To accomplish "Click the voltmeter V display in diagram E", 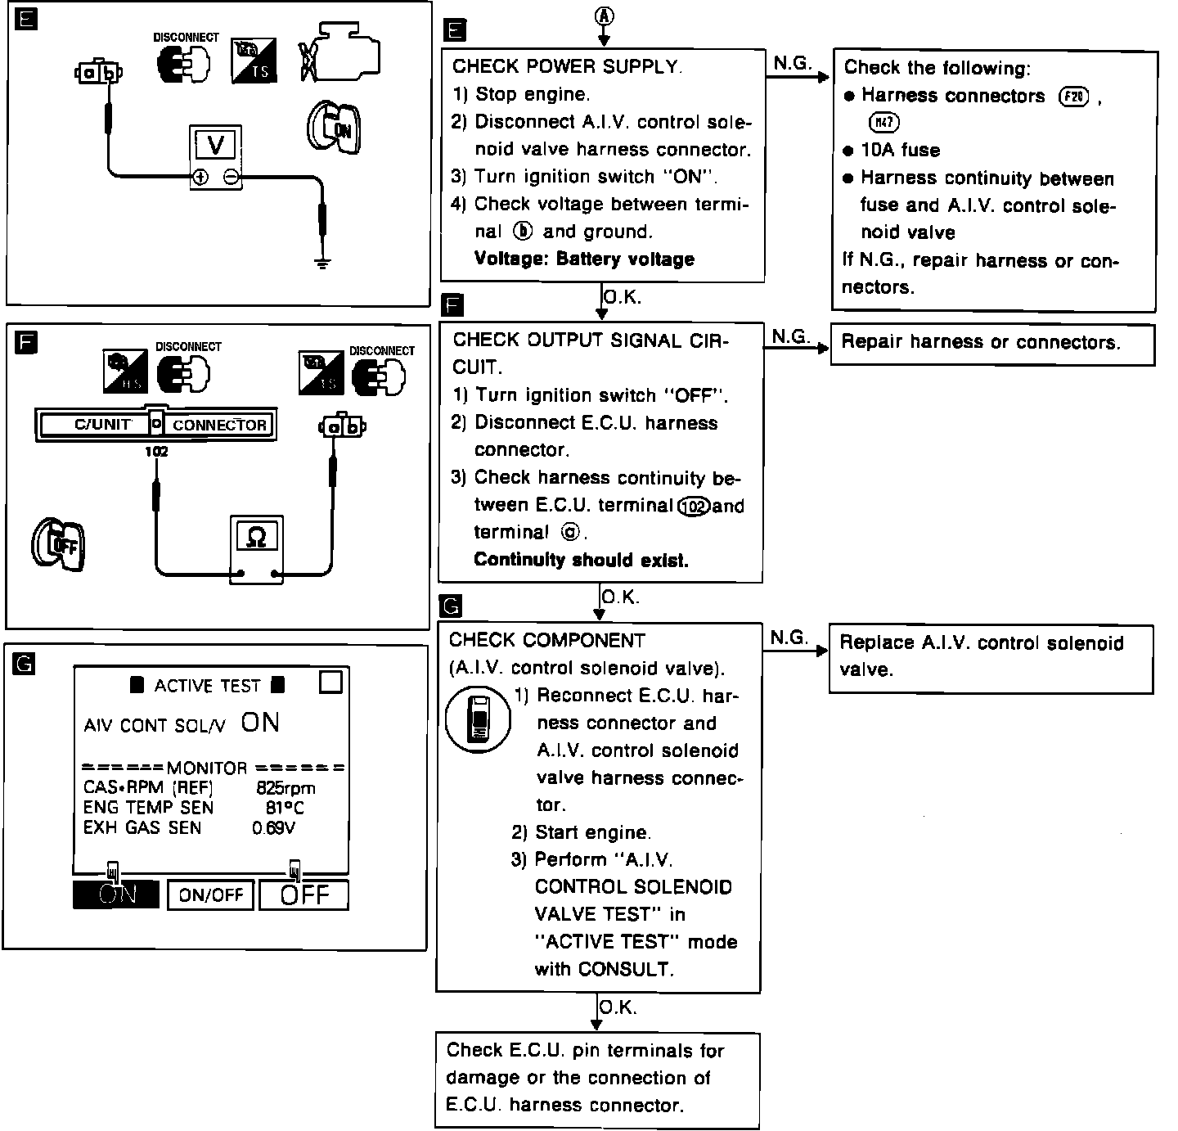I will pyautogui.click(x=216, y=145).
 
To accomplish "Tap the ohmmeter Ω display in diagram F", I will pyautogui.click(x=256, y=536).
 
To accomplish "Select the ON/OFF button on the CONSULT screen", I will pyautogui.click(x=211, y=894).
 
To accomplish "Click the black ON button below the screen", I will pyautogui.click(x=116, y=894).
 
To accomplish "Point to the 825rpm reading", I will pyautogui.click(x=286, y=788).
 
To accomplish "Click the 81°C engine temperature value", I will pyautogui.click(x=285, y=808).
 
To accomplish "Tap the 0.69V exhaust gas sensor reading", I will pyautogui.click(x=274, y=827).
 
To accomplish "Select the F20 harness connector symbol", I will pyautogui.click(x=1073, y=97).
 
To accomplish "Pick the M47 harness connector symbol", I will pyautogui.click(x=884, y=123).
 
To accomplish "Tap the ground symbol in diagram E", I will pyautogui.click(x=323, y=263).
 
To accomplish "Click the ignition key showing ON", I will pyautogui.click(x=333, y=128).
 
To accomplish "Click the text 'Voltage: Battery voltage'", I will pyautogui.click(x=584, y=259).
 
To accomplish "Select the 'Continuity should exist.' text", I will pyautogui.click(x=581, y=560).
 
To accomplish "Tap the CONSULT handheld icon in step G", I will pyautogui.click(x=479, y=719).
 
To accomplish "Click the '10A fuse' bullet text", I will pyautogui.click(x=900, y=151).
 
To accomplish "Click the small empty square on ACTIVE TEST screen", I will pyautogui.click(x=330, y=683).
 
